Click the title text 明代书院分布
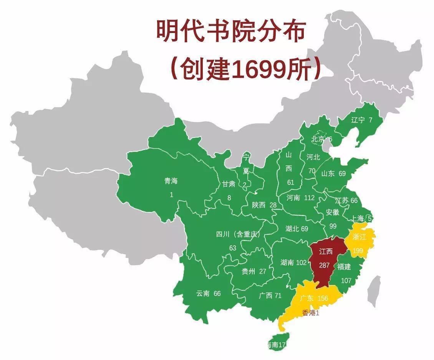(x=230, y=31)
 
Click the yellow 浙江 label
(x=359, y=237)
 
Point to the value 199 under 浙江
(x=358, y=251)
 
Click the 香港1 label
(x=311, y=313)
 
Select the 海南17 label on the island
(x=277, y=345)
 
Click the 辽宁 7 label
(x=362, y=120)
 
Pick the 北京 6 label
(x=322, y=139)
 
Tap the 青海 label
(x=171, y=181)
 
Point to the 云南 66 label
(x=209, y=293)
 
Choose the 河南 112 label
(x=300, y=198)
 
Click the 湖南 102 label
(x=293, y=263)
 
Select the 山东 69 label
(x=333, y=173)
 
